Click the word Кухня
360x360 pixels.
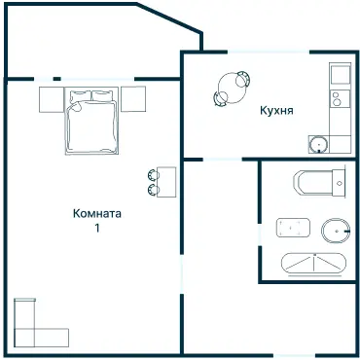point(276,111)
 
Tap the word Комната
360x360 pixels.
point(97,214)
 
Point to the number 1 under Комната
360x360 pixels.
point(97,228)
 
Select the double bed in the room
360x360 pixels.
point(91,121)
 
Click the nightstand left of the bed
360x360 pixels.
point(52,99)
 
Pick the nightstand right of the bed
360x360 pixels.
point(133,99)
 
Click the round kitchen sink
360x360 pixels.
point(318,144)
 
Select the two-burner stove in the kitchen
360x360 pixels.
point(340,98)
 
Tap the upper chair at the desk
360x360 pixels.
point(153,175)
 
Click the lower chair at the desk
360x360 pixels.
point(153,190)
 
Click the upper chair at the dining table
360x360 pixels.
point(243,79)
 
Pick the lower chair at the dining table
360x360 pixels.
point(221,98)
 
